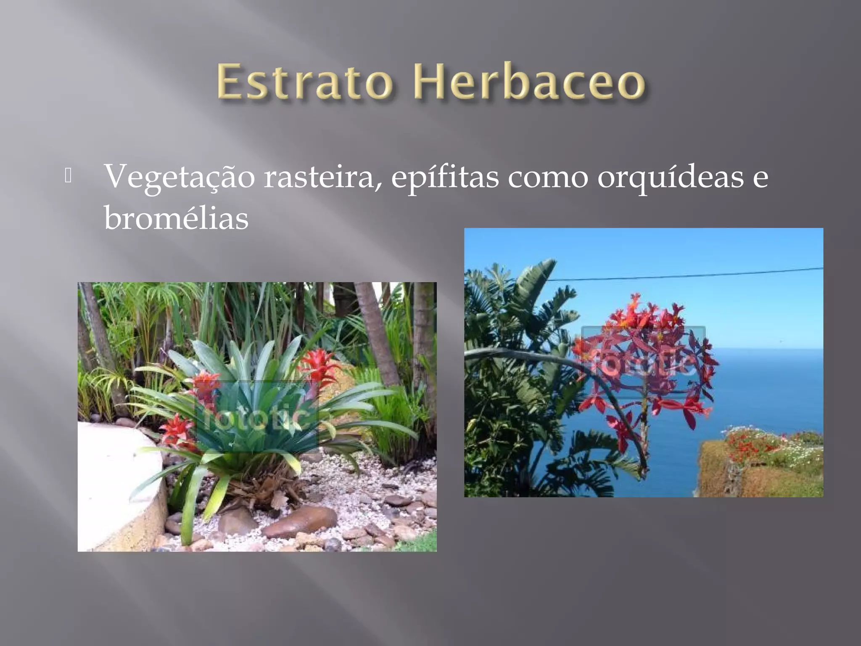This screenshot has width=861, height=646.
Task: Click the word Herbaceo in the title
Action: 529,82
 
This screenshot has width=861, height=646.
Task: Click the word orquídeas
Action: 670,177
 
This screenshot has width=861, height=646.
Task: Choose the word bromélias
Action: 176,218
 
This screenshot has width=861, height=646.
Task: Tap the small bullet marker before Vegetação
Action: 68,176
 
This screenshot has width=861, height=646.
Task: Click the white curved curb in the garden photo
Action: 118,484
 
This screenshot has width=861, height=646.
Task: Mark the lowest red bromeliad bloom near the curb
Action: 177,431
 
